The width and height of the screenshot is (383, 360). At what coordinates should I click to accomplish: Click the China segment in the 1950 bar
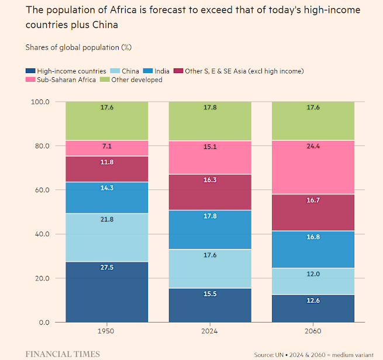pos(106,237)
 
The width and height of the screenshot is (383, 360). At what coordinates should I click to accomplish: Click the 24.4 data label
pos(313,147)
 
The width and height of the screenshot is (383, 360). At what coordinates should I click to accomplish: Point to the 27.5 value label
pos(106,268)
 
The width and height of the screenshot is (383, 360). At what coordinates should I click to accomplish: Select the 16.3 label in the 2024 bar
pos(209,181)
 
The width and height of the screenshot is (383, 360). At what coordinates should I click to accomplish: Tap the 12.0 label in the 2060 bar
pos(313,274)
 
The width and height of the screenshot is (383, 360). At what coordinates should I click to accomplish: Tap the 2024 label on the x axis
pos(209,331)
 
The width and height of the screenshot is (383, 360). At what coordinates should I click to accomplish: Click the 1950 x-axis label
pos(106,331)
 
